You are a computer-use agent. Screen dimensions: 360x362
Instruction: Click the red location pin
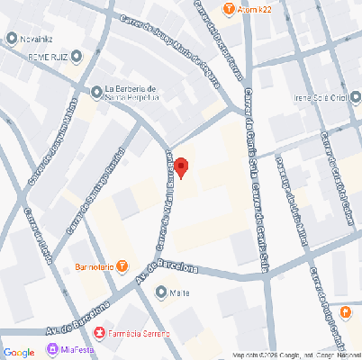[181, 167]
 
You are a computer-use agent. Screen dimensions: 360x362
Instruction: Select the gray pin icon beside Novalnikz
[12, 38]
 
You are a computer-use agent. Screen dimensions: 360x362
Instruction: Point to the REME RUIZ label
[48, 57]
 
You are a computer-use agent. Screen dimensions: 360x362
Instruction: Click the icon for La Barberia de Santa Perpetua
[96, 91]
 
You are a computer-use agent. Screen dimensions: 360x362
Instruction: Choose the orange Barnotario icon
[122, 265]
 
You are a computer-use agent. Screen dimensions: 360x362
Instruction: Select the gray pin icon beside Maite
[160, 292]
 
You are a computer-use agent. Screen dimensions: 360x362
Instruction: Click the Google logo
[19, 351]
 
